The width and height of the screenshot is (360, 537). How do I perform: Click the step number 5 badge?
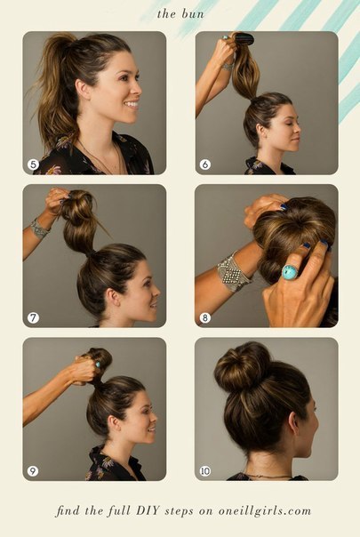pos(33,164)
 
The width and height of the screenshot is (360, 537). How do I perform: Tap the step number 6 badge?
pos(204,164)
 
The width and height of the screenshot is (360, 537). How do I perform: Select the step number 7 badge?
pos(33,317)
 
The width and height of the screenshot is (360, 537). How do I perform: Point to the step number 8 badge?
pos(204,317)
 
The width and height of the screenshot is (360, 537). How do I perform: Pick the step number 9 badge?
pos(33,471)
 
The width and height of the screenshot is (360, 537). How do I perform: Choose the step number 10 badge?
pos(204,471)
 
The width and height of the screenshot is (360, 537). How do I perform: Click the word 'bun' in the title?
pos(193,14)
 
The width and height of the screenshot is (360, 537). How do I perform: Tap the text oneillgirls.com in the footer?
pos(264,511)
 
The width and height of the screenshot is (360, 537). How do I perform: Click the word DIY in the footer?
pos(148,510)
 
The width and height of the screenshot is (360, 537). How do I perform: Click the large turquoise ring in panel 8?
pos(289,272)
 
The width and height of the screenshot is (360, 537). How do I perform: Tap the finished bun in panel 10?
pos(242,367)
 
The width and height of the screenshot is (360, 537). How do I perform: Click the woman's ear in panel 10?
pos(293,422)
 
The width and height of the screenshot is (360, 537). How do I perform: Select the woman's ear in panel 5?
pos(83,90)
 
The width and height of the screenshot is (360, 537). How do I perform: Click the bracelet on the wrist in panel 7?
pos(39,228)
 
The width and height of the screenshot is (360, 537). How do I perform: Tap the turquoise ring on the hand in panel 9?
pos(98,365)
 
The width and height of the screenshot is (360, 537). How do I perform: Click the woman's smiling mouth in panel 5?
pos(132,104)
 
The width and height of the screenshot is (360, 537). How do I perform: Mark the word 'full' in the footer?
pos(119,511)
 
